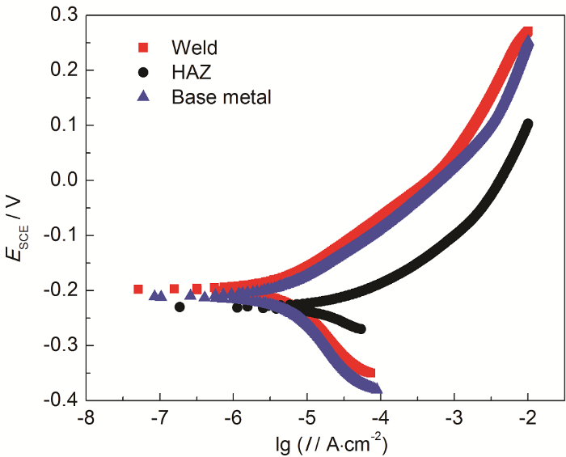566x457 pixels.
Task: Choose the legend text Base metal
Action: [221, 97]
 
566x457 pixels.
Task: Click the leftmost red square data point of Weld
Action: [138, 289]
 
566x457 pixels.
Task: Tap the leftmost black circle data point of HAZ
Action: [180, 307]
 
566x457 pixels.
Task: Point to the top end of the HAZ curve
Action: [528, 124]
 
